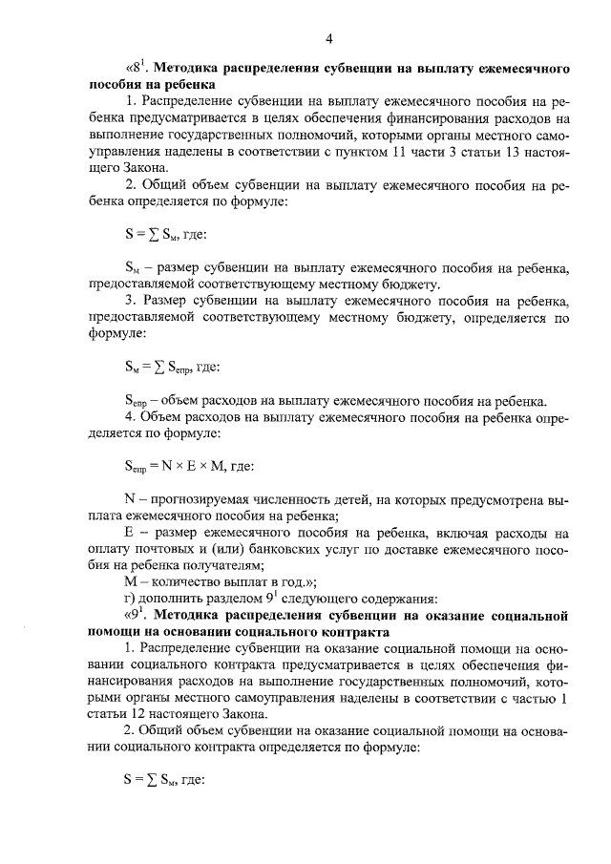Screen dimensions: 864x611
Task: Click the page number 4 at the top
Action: [x=327, y=39]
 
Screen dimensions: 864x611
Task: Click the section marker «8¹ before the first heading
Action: [x=137, y=70]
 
